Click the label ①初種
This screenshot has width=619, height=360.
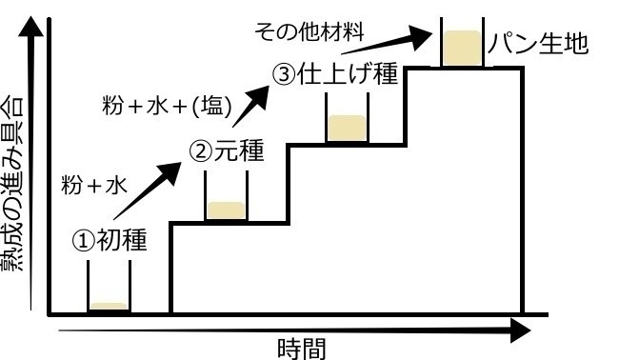110,240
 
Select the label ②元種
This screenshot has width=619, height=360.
226,151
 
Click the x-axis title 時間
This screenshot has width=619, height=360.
304,349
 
